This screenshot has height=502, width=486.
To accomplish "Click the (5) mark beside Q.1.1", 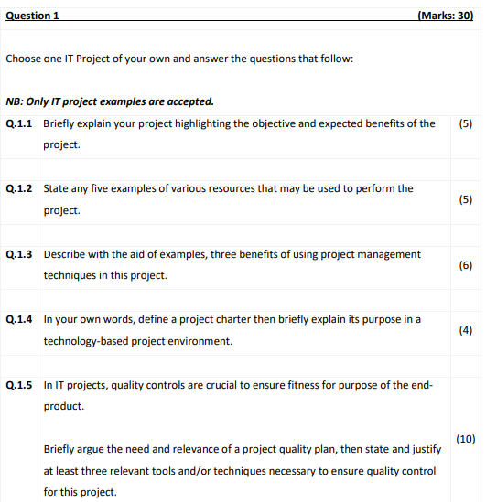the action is tap(464, 123).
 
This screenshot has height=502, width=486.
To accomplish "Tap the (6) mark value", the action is tap(464, 265).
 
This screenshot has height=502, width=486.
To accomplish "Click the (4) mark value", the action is tap(464, 330).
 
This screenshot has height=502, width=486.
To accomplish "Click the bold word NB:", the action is tap(15, 101).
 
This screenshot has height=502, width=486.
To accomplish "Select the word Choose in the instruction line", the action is tap(24, 59).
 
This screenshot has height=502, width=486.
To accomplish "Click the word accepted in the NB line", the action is tap(191, 101).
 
